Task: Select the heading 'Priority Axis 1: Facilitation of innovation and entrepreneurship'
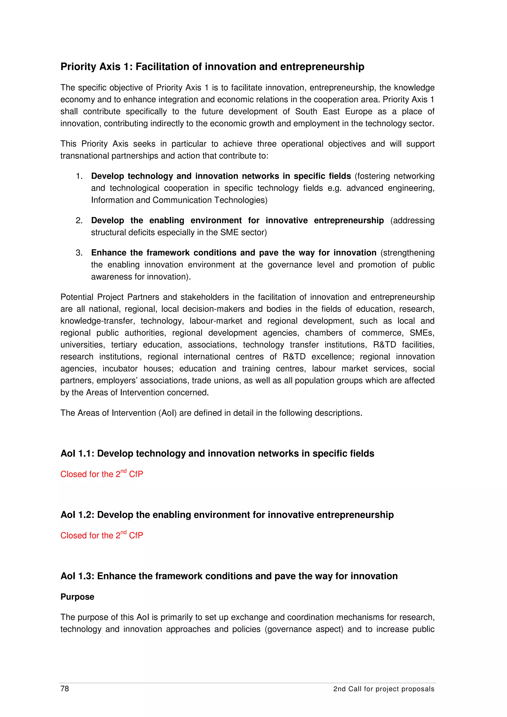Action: [x=212, y=67]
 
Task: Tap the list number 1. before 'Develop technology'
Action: [x=79, y=176]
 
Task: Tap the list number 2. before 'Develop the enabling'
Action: [x=79, y=220]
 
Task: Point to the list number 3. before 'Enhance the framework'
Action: [x=79, y=253]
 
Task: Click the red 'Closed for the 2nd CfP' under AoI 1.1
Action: [x=101, y=474]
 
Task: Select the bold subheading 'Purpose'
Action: [x=77, y=597]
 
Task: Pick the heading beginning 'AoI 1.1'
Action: [x=217, y=454]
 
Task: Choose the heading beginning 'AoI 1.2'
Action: [x=227, y=515]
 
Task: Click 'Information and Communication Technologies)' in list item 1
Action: [x=179, y=200]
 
